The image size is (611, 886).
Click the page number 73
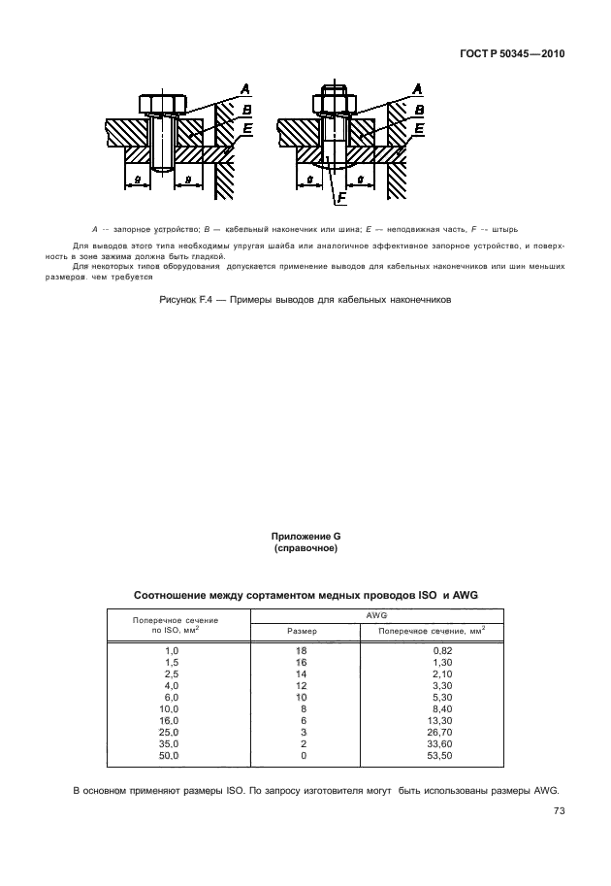click(x=559, y=811)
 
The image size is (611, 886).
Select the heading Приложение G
click(x=305, y=537)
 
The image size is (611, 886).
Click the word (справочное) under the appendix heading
click(x=305, y=548)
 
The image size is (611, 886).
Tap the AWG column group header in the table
click(x=377, y=614)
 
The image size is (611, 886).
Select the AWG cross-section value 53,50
click(x=423, y=754)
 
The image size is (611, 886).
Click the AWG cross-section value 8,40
click(x=423, y=710)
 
